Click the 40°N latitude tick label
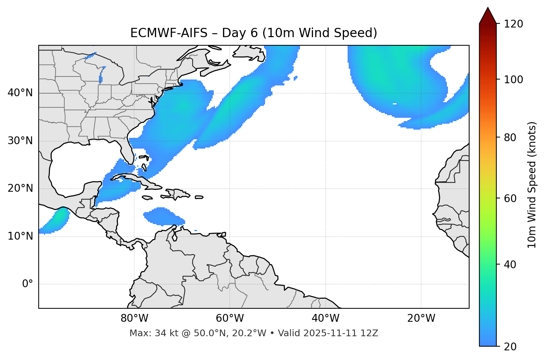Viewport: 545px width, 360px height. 20,93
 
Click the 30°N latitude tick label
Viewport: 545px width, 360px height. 20,141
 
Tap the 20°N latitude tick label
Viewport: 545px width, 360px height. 20,188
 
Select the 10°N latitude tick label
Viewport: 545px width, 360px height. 20,236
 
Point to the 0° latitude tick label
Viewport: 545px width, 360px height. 28,284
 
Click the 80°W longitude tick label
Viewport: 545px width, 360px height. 134,318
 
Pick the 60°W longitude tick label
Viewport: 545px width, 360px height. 230,318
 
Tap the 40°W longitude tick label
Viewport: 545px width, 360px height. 325,318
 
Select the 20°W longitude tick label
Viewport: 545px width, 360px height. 421,318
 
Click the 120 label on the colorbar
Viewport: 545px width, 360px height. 513,24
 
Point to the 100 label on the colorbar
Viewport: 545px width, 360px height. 513,80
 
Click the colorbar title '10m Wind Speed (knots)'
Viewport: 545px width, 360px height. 532,185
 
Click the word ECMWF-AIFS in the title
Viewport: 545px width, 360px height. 169,33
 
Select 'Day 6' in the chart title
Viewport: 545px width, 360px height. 239,33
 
